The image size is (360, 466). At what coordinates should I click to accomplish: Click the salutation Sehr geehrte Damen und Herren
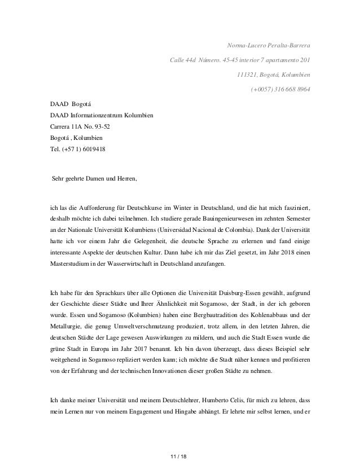[94, 179]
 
